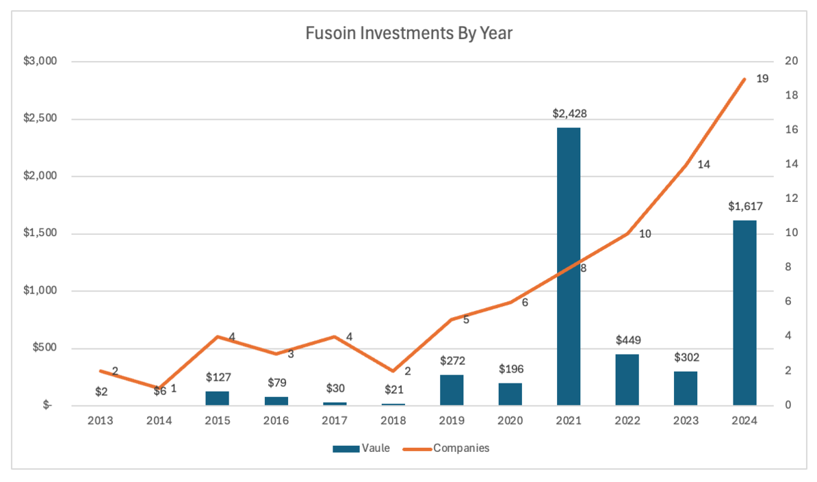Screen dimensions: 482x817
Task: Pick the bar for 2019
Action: pos(452,390)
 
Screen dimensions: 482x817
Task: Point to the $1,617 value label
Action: pos(744,206)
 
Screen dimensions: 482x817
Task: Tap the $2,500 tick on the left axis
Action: pos(42,119)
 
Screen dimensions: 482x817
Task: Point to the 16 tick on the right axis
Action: pos(792,130)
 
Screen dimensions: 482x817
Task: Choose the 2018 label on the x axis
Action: pos(393,422)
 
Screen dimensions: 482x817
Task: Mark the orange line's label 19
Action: pos(762,79)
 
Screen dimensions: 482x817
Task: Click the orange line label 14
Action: pos(703,164)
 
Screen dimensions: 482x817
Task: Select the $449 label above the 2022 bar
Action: pos(627,340)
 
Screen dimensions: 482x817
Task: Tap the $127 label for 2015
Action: pos(218,377)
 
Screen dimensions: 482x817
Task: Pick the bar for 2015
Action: pos(218,398)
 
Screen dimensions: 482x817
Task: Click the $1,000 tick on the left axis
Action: pos(42,291)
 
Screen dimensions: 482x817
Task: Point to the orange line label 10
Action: pos(645,233)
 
